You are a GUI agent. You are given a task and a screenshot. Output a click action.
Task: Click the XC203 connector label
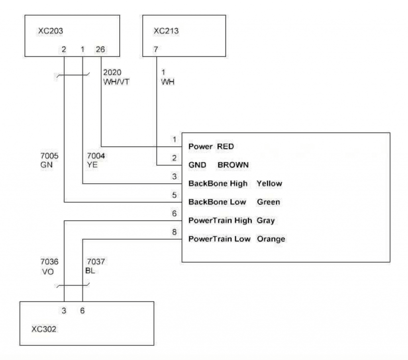coord(51,31)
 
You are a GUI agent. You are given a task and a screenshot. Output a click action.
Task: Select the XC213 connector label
coord(166,31)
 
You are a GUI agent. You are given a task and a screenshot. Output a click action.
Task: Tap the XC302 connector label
coord(44,329)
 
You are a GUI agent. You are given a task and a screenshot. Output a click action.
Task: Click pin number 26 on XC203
coord(100,49)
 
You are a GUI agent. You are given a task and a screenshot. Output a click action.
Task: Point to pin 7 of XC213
coord(156,49)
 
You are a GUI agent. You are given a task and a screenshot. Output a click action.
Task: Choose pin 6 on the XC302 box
coord(82,311)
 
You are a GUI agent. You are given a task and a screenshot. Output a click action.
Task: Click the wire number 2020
coord(112,72)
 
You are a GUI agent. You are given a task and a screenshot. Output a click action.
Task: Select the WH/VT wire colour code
coord(116,82)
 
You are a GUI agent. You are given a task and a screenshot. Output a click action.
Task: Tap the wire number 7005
coord(49,156)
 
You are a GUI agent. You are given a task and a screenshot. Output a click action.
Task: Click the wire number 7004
coord(96,156)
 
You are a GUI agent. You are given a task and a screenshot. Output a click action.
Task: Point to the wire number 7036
coord(49,261)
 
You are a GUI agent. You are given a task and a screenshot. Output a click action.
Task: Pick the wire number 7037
coord(96,261)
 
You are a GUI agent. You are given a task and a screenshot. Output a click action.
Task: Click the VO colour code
coord(48,272)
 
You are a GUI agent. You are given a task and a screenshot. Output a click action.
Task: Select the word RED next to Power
coord(226,147)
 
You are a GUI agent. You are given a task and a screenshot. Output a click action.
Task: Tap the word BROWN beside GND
coord(233,165)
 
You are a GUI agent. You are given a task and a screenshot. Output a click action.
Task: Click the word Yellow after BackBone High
coord(269,183)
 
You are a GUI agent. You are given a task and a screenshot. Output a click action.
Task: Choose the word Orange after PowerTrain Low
coord(271,239)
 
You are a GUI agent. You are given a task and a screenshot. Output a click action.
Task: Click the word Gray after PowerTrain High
coord(266,221)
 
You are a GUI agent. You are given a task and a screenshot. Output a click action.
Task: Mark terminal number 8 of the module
coord(175,232)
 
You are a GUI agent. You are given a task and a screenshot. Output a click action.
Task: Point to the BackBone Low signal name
coord(217,202)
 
